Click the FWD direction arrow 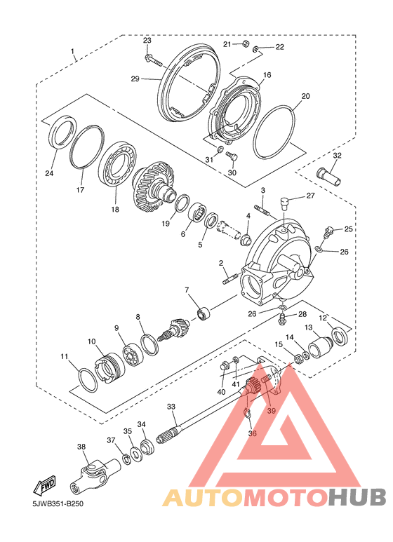44,485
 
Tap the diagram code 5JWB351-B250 58,503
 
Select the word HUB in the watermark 357,498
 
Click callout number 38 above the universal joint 81,447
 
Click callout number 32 337,156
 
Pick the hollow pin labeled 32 328,175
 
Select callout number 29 135,79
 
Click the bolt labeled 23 154,60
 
